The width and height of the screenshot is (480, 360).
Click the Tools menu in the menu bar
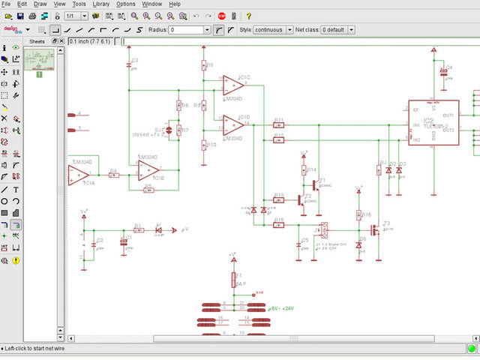click(78, 4)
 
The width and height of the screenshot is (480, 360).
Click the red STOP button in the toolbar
click(222, 16)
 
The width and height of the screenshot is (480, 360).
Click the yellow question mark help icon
click(248, 16)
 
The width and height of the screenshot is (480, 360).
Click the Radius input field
click(190, 30)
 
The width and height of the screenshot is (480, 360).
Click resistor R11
click(278, 124)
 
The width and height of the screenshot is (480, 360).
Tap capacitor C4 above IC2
click(442, 73)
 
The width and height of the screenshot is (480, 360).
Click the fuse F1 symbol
click(234, 280)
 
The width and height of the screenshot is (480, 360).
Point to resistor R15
click(278, 225)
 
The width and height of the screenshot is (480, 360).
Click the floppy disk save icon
click(20, 16)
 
